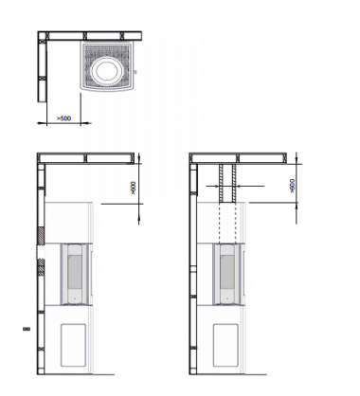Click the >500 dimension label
pos(63,118)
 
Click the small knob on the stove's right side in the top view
pos(135,72)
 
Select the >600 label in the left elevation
pos(134,188)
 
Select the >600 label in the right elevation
pos(292,186)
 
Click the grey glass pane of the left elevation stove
pos(75,271)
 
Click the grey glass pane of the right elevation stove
pos(227,272)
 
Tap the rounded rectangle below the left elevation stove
pos(73,345)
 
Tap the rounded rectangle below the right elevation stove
pos(225,345)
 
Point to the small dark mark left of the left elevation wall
pos(27,329)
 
